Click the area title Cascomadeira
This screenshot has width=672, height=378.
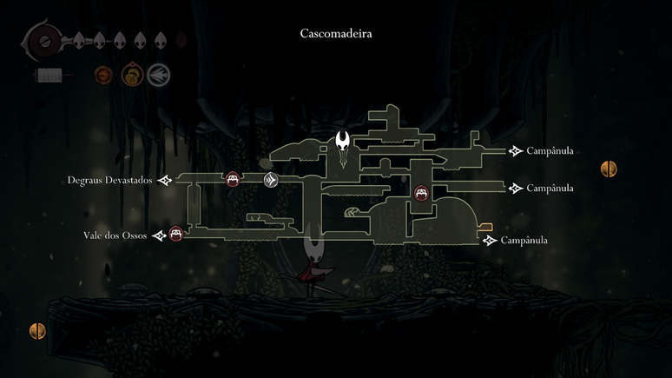(x=335, y=34)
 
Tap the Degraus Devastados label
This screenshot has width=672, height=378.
(x=109, y=181)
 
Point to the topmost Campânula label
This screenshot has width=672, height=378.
(x=550, y=151)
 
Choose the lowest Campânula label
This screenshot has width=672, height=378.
(x=524, y=240)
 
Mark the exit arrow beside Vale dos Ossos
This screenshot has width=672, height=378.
(x=159, y=235)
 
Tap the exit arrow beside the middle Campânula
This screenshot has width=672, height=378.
(x=516, y=188)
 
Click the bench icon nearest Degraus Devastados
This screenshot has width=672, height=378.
(x=232, y=180)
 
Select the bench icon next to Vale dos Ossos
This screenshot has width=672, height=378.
(x=176, y=234)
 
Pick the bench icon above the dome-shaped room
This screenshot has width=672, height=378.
(x=422, y=194)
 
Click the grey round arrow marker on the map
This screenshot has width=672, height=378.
(x=271, y=180)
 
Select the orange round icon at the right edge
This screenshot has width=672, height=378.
(x=609, y=169)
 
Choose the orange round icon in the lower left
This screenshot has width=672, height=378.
(x=37, y=330)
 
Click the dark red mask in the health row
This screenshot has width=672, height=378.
(x=181, y=39)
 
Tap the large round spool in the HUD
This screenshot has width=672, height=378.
(x=43, y=40)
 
